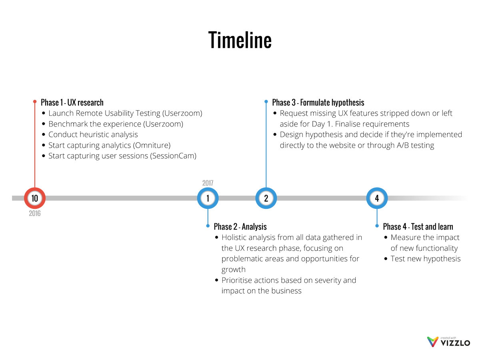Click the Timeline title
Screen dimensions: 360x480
[x=240, y=40]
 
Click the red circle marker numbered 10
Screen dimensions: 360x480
[x=35, y=198]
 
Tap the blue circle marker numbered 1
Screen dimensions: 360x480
[x=208, y=198]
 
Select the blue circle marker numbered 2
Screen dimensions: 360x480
[x=266, y=198]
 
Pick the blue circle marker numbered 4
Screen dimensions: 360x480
[x=377, y=198]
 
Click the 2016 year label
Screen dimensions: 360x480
[x=35, y=214]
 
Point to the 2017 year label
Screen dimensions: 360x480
[x=208, y=183]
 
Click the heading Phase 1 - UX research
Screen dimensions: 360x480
[x=72, y=102]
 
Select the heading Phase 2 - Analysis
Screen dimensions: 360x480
[x=240, y=227]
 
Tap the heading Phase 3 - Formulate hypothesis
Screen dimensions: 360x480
[x=318, y=102]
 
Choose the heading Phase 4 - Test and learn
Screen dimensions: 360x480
[x=418, y=227]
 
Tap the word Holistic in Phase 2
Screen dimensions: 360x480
[x=236, y=238]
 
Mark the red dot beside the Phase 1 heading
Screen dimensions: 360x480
[x=35, y=102]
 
